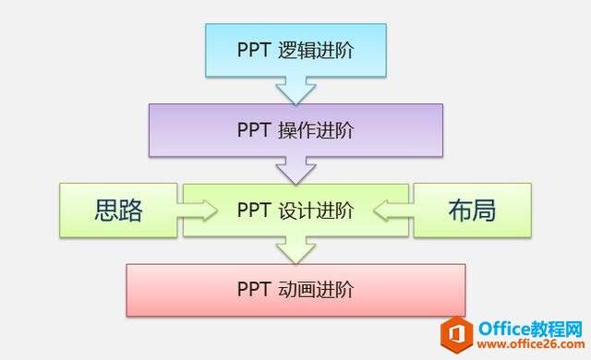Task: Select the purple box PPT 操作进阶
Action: tap(295, 130)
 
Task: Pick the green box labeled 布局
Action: tap(472, 210)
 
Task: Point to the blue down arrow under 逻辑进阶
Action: tap(295, 90)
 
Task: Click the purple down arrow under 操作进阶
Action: tap(295, 170)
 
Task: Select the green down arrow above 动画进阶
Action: tap(295, 248)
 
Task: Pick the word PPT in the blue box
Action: tap(254, 50)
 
